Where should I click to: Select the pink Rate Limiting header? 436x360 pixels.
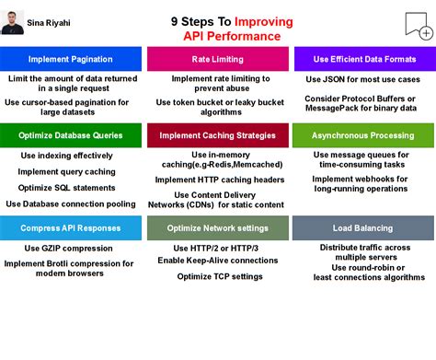217,60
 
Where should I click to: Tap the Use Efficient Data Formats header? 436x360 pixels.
361,60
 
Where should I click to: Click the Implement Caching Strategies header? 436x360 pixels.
217,135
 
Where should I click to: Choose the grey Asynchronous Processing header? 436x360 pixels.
361,135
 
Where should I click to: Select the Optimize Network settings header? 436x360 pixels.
217,227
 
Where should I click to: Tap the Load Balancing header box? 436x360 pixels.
361,227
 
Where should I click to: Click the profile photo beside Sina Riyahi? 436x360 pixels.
13,22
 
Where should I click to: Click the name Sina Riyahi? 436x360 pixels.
48,19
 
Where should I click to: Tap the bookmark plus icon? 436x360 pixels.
419,26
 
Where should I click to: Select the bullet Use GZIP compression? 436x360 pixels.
66,249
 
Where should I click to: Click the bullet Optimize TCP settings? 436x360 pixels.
220,275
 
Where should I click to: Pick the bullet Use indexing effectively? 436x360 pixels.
66,156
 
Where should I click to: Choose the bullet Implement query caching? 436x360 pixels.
66,171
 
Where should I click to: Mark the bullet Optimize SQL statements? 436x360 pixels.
66,187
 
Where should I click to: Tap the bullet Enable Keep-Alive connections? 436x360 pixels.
218,261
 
